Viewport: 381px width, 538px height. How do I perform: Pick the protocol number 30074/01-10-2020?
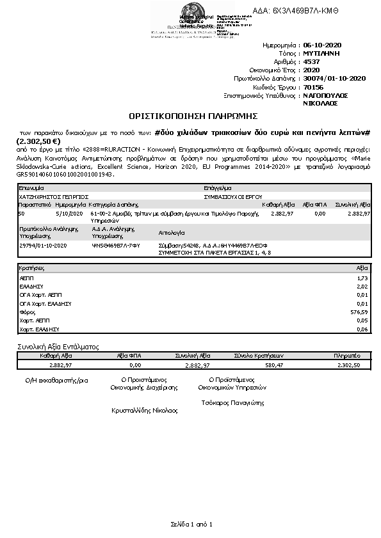point(334,78)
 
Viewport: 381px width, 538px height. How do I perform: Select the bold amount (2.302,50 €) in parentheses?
point(38,141)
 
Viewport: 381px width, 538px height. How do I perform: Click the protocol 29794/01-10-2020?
point(44,245)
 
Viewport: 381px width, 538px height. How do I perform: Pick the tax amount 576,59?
point(360,312)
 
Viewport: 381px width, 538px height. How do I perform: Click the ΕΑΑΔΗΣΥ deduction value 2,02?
point(362,287)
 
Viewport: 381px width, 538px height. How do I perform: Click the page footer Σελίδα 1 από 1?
point(191,524)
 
